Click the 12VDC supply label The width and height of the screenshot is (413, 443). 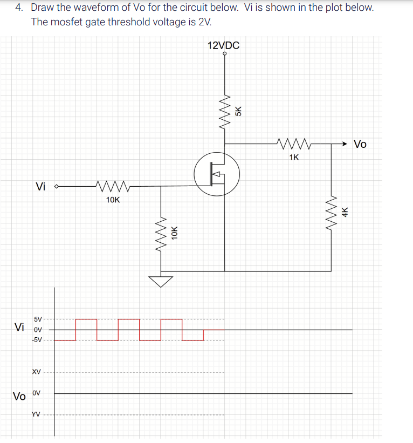tap(223, 45)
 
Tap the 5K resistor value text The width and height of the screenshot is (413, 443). tap(239, 111)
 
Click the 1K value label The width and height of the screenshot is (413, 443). tap(294, 158)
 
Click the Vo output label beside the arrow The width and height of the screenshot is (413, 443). tap(360, 144)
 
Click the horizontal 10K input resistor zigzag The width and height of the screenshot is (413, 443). tap(113, 187)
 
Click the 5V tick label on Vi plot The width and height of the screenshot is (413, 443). tap(39, 319)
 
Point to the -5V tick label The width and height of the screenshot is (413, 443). tap(38, 340)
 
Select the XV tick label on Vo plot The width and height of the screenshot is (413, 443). tap(36, 372)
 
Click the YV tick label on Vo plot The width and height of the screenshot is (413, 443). tap(36, 414)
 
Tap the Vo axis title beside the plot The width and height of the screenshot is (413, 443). tap(19, 397)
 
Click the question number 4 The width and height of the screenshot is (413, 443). tap(19, 8)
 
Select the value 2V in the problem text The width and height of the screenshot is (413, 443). tap(204, 22)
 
